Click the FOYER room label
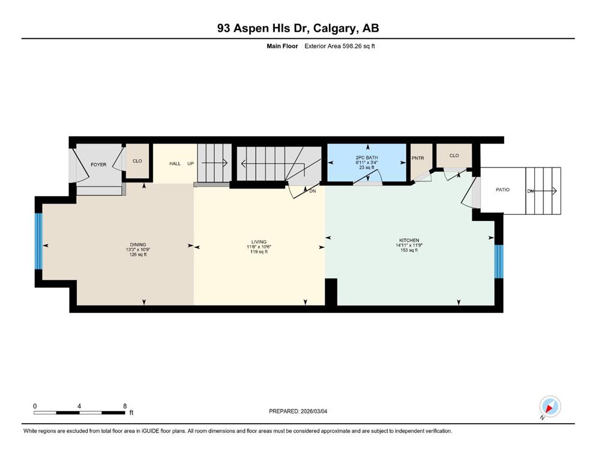(x=98, y=164)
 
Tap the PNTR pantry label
(x=418, y=158)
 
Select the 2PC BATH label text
(x=367, y=158)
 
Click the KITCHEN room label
(x=409, y=240)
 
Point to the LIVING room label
(x=259, y=242)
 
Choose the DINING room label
(x=138, y=245)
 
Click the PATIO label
(x=502, y=190)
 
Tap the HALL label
(x=175, y=164)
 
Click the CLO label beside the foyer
(x=137, y=161)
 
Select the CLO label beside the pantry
(x=454, y=155)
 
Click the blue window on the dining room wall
(x=38, y=241)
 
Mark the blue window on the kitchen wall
(x=499, y=262)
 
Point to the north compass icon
(x=550, y=407)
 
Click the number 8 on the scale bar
(x=125, y=406)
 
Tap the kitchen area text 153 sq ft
(x=409, y=250)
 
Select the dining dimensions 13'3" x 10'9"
(x=138, y=250)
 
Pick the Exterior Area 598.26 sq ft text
(x=340, y=46)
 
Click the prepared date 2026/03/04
(x=314, y=411)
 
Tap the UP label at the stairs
(x=190, y=164)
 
